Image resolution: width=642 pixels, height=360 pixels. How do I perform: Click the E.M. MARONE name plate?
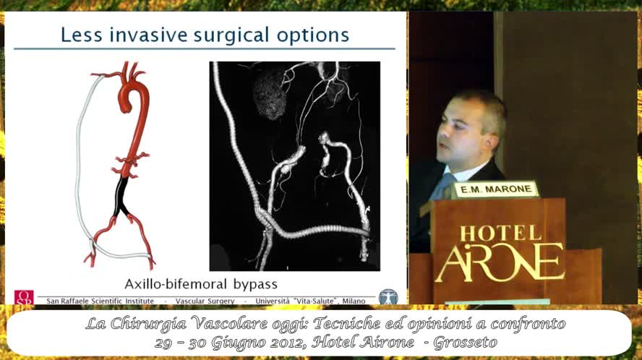(x=495, y=189)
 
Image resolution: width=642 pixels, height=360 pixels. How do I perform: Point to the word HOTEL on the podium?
(x=500, y=233)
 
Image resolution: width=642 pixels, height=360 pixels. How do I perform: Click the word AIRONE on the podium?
(x=500, y=262)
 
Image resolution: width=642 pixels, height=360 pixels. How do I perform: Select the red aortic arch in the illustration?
(x=134, y=94)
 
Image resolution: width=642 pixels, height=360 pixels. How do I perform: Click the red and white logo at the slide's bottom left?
(x=24, y=297)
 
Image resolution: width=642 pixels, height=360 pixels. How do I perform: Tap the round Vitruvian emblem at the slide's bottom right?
(x=388, y=296)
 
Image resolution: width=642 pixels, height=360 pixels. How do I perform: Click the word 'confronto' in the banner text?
(x=525, y=323)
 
